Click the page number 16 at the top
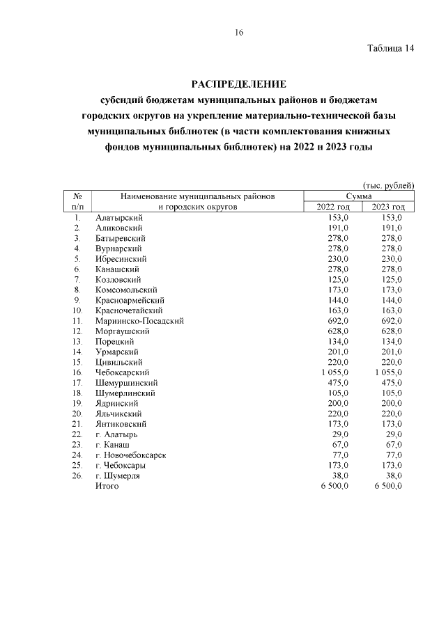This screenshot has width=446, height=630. tap(238, 33)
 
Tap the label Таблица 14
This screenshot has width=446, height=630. tap(390, 49)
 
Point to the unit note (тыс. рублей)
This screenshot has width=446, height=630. tap(389, 185)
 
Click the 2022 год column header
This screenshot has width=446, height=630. tap(332, 207)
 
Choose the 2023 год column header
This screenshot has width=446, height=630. tap(388, 207)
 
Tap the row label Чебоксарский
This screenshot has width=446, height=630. tap(122, 373)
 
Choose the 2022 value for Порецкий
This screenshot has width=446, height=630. tap(337, 342)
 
